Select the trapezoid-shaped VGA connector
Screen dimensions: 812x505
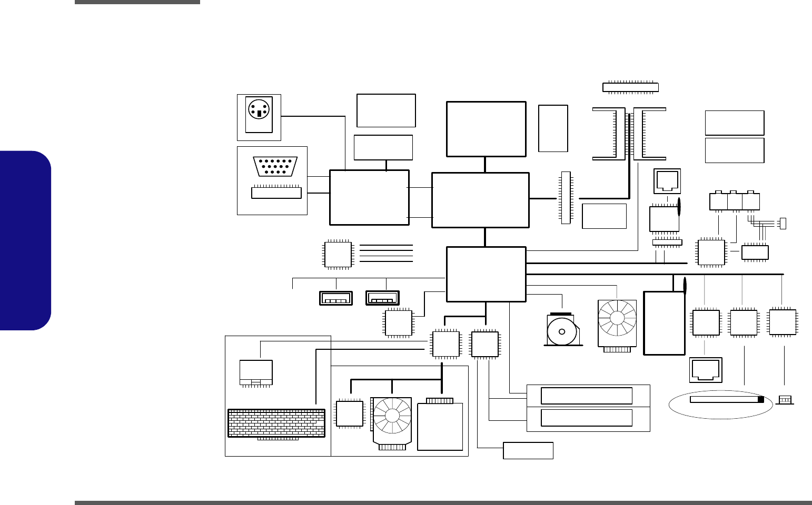tap(275, 166)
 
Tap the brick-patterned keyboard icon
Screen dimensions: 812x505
tap(276, 423)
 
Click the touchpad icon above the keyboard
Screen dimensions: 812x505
tap(256, 372)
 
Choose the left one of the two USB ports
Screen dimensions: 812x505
tap(336, 298)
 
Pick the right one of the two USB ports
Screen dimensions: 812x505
tap(382, 298)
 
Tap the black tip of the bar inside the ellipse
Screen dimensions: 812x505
tap(760, 400)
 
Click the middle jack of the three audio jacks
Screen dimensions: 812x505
tap(735, 201)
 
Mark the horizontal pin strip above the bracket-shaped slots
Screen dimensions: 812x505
tap(630, 87)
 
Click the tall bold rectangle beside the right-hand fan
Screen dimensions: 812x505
tap(664, 323)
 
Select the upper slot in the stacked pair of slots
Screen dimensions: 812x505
tap(587, 396)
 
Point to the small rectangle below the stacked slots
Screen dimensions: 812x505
tap(528, 450)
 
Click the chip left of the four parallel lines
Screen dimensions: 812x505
tap(338, 255)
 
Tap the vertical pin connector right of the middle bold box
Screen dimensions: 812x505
tap(566, 197)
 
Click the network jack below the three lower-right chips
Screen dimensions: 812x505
tap(706, 370)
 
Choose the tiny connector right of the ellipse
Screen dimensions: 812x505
tap(785, 400)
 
